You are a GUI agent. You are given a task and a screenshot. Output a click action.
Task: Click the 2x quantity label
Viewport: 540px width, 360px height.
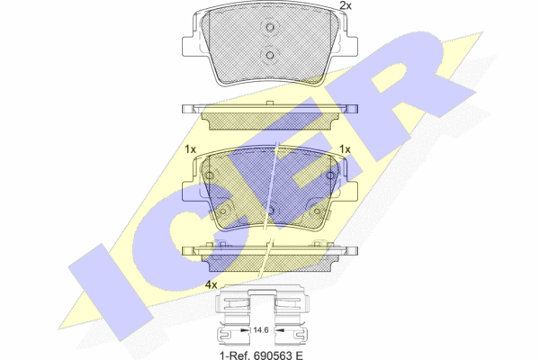tap(346, 5)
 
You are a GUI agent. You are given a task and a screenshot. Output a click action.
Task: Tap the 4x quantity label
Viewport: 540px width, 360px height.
tap(211, 285)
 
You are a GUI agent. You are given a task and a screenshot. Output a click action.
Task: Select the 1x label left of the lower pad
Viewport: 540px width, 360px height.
tap(191, 149)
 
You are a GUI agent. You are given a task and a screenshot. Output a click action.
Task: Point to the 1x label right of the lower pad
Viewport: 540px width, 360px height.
tap(345, 149)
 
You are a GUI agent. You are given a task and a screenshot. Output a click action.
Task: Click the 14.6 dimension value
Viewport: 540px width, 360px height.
tap(261, 330)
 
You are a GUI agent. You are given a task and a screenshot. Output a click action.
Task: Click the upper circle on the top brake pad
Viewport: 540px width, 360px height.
tap(270, 27)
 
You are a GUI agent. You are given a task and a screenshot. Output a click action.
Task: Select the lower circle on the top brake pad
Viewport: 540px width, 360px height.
tap(270, 55)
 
